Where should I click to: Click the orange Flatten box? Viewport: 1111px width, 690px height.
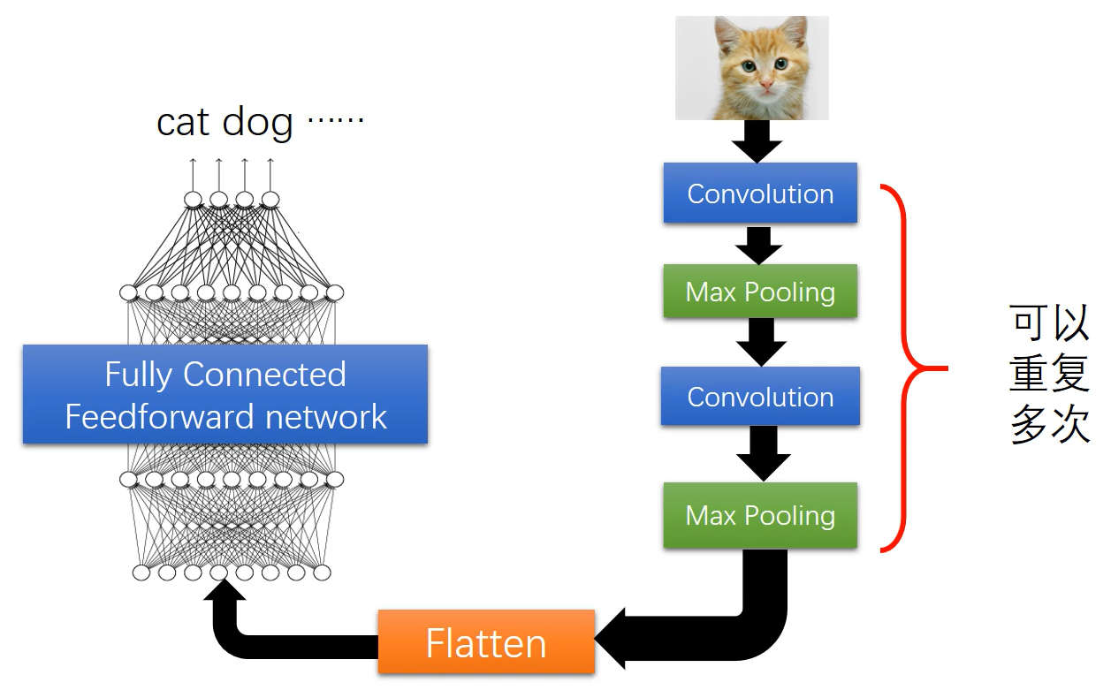point(486,642)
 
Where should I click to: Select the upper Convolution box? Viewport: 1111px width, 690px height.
point(760,193)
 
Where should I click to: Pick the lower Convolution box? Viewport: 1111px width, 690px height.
point(760,397)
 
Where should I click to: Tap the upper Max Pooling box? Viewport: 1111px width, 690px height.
point(760,292)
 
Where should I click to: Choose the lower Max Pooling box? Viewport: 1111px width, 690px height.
point(760,515)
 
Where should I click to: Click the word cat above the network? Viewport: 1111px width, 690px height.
point(183,122)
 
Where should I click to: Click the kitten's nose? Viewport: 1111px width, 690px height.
point(766,86)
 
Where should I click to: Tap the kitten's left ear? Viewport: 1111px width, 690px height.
point(727,32)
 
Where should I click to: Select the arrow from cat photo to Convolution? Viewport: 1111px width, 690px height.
point(757,141)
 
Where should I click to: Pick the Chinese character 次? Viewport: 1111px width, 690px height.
point(1070,426)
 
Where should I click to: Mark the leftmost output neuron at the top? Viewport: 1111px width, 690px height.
point(193,200)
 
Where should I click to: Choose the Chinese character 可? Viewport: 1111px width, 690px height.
point(1029,324)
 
